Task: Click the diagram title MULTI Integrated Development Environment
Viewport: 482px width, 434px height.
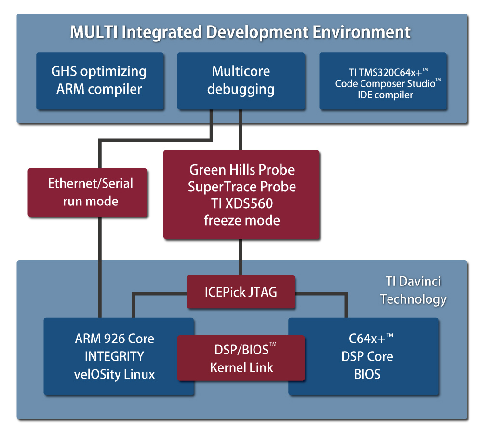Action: point(240,32)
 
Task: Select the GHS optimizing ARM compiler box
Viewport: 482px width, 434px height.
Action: point(100,81)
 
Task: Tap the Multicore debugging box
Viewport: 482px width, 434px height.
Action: point(241,81)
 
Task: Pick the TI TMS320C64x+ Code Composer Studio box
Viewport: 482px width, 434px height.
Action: point(383,81)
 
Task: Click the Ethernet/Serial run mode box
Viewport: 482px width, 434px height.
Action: point(88,192)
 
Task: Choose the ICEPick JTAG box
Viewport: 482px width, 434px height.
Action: point(241,292)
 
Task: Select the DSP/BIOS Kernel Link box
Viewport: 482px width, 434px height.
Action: point(241,358)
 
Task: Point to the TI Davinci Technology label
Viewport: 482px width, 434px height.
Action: point(414,290)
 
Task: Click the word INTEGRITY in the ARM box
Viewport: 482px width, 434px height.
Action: point(114,356)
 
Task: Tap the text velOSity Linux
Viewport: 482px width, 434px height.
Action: point(114,374)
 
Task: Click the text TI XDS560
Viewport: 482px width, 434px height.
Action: point(242,203)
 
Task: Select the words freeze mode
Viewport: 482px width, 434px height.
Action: point(242,220)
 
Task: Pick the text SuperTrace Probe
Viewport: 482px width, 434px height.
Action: point(242,187)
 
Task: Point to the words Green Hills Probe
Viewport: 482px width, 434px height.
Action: point(242,170)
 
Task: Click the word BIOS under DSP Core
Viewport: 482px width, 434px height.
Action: point(367,374)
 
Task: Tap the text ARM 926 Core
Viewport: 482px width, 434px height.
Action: point(114,339)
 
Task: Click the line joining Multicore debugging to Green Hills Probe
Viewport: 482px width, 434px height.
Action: point(241,130)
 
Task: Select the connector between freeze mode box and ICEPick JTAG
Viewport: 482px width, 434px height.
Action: point(241,257)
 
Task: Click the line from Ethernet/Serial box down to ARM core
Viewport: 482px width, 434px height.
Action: point(100,267)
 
